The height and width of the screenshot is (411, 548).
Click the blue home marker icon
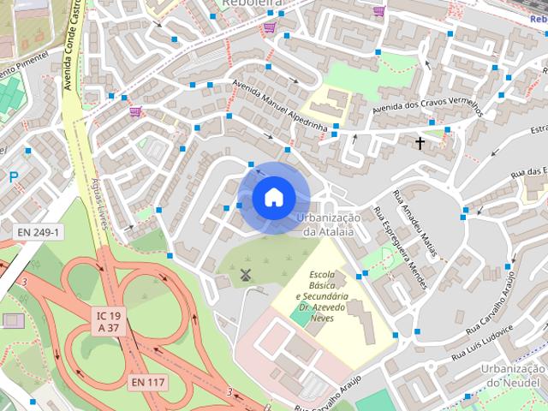(272, 198)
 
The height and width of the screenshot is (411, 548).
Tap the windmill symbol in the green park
(245, 274)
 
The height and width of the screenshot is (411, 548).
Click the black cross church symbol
(420, 143)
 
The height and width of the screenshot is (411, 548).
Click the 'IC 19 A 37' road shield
(108, 321)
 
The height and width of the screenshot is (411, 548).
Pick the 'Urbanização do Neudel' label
(514, 375)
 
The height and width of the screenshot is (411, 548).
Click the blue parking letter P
(13, 178)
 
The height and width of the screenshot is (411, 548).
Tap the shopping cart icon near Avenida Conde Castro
(134, 111)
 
